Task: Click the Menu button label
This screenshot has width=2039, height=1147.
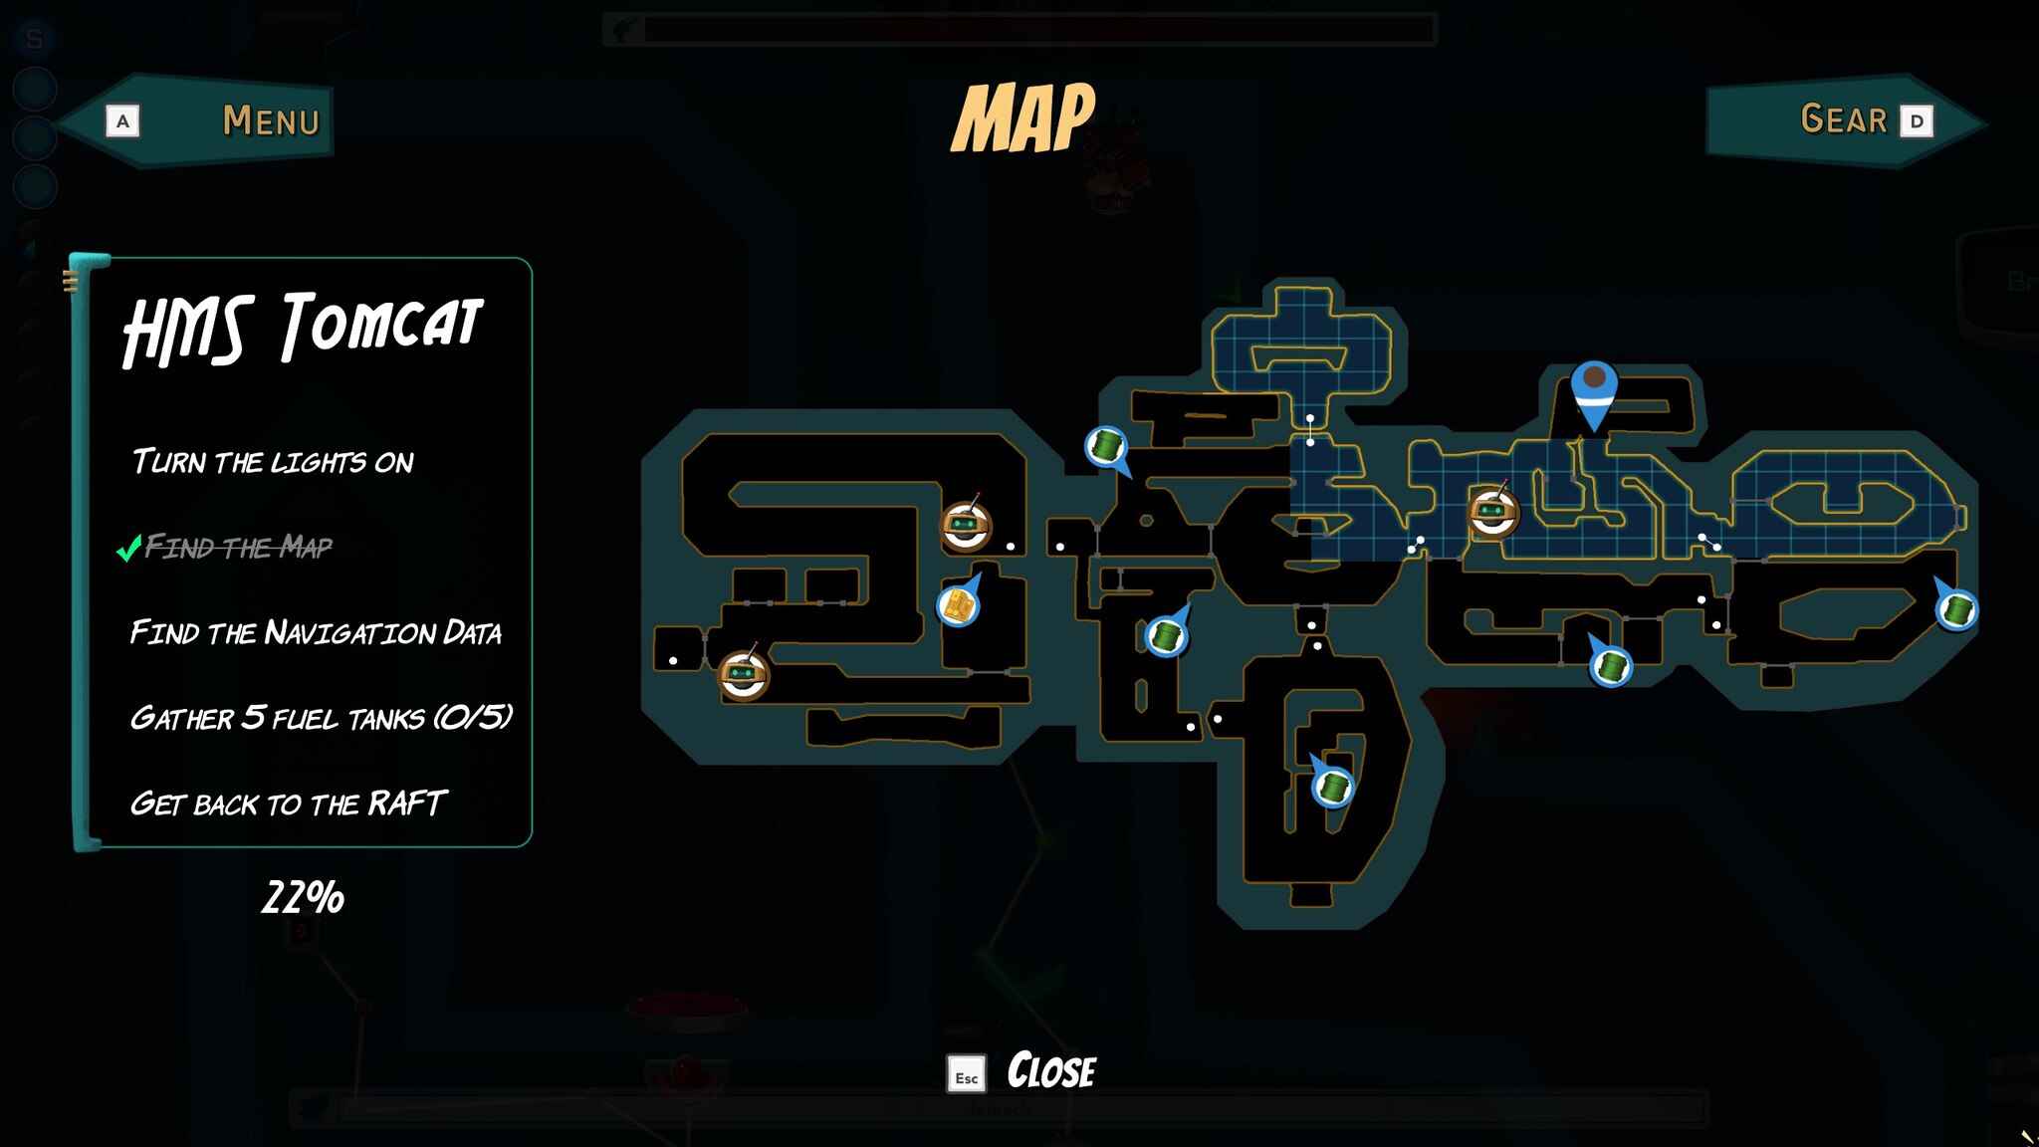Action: pos(271,120)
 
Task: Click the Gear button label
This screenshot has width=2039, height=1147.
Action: pos(1844,119)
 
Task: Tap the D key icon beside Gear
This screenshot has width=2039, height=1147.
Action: pos(1917,121)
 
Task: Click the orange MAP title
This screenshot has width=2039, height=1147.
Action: pos(1023,117)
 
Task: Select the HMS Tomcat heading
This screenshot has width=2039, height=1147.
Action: pos(303,328)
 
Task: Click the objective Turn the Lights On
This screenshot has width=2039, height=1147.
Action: pos(273,461)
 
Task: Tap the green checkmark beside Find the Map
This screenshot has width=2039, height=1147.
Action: pos(128,548)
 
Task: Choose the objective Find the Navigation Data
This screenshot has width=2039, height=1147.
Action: pos(316,632)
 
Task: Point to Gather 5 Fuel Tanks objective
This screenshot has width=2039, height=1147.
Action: pos(321,717)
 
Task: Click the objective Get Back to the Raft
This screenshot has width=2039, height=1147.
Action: pos(288,803)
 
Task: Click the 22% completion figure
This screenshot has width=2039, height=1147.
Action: pos(303,897)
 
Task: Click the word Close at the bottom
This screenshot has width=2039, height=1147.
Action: pos(1051,1071)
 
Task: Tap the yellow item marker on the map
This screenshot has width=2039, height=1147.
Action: pos(959,603)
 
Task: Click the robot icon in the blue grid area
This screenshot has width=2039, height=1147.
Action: pos(1492,512)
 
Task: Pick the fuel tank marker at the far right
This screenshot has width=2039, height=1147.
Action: pos(1956,607)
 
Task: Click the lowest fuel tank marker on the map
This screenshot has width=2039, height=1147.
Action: pos(1332,786)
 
